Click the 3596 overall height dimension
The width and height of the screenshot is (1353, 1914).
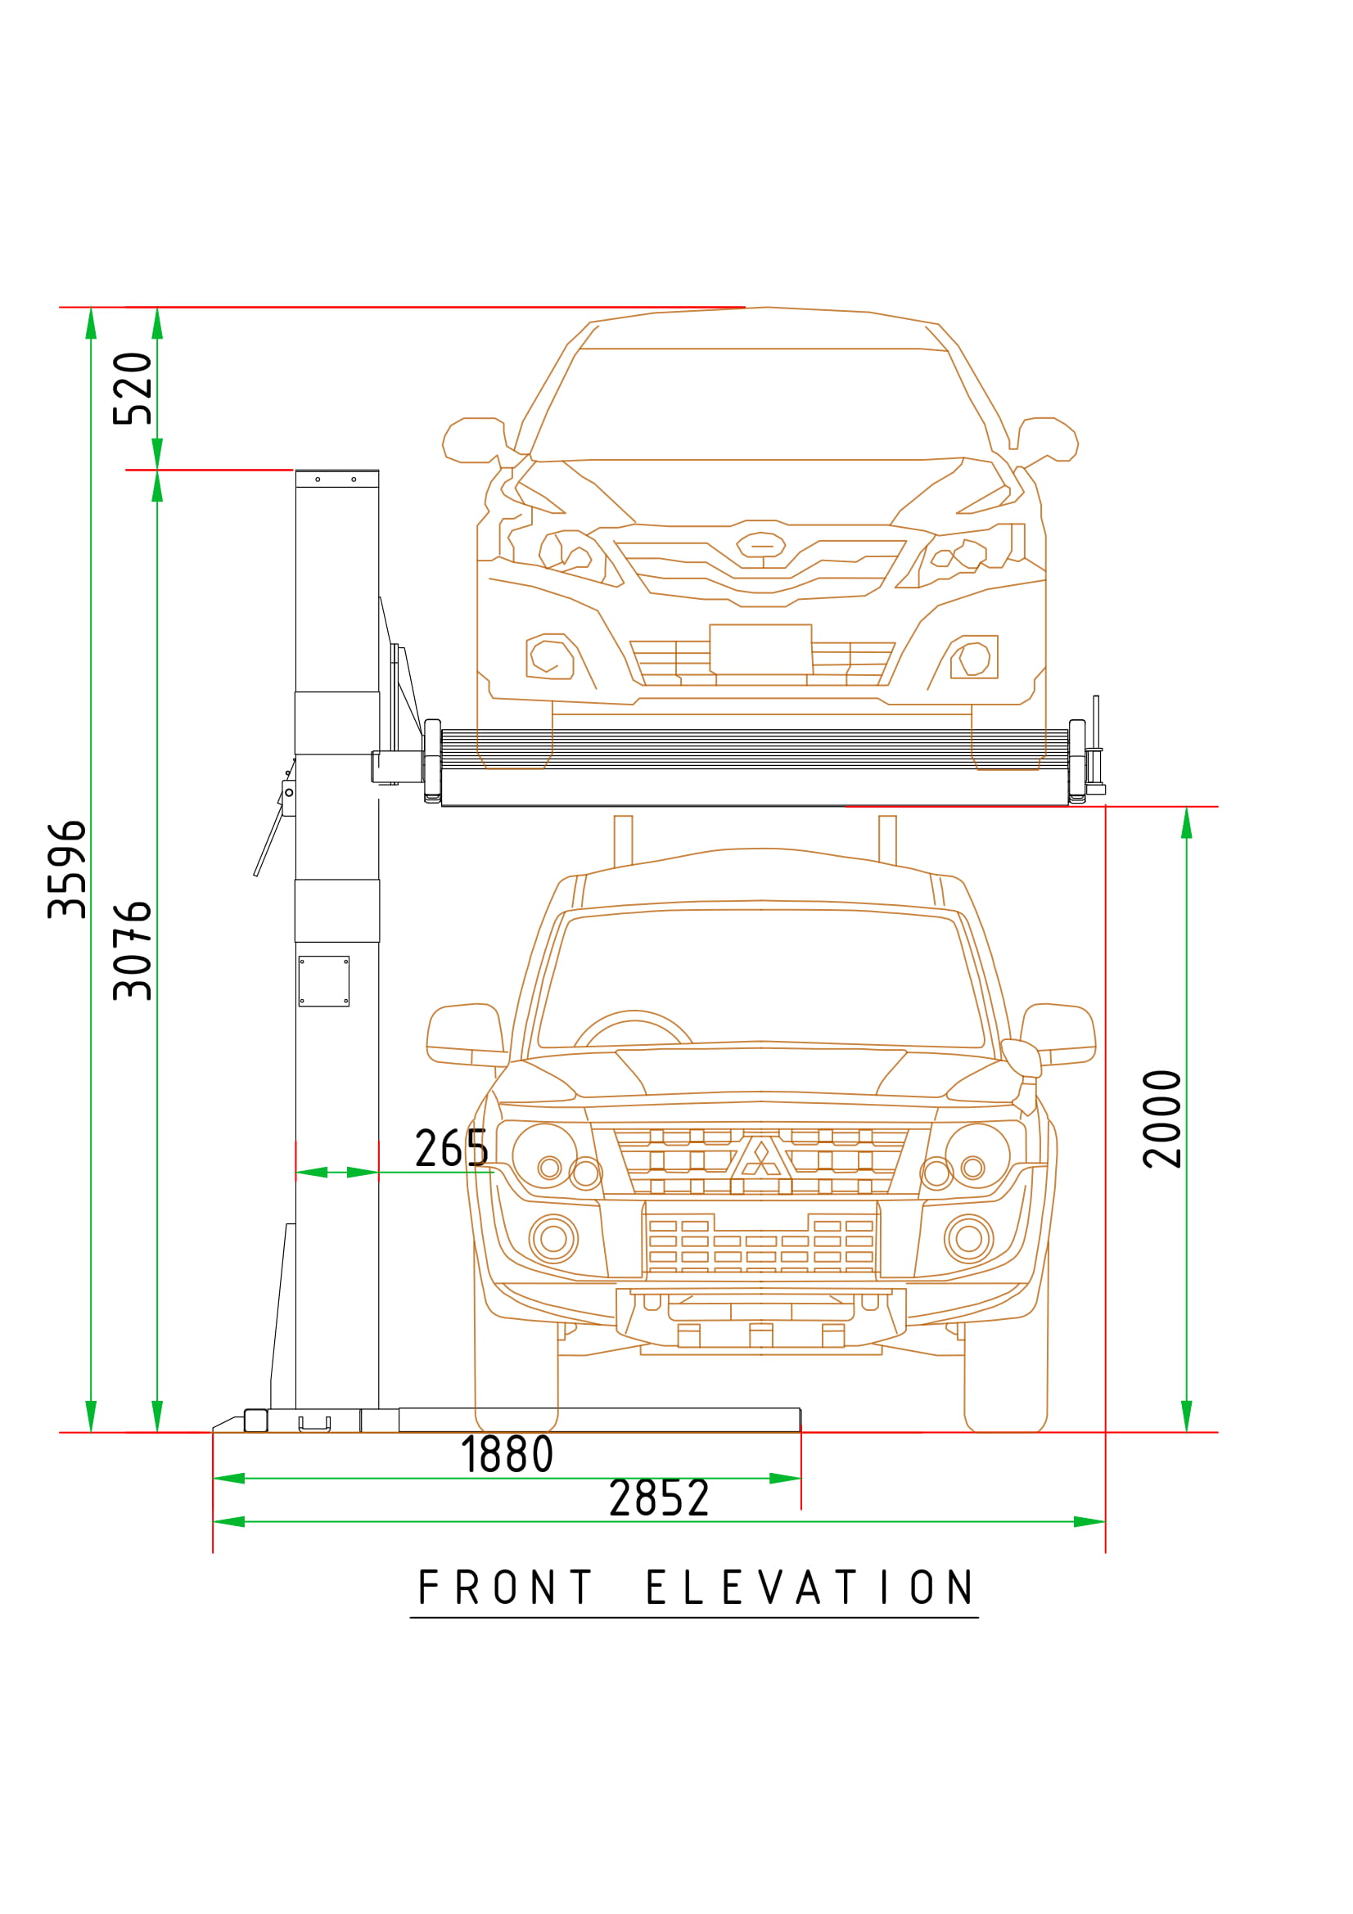click(66, 869)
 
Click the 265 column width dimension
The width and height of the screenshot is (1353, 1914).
click(451, 1148)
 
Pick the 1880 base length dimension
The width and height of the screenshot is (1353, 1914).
click(507, 1455)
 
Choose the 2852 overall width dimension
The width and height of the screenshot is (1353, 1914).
click(659, 1498)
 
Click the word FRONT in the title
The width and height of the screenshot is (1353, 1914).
click(505, 1587)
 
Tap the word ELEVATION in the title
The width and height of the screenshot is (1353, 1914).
click(810, 1587)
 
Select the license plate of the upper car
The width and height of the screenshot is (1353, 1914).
click(760, 650)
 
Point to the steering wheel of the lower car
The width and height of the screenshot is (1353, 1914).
click(634, 1029)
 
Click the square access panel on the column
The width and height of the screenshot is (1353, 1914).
click(323, 981)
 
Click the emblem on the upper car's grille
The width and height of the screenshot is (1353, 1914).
click(761, 545)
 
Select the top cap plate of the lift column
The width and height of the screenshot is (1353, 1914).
click(336, 479)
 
